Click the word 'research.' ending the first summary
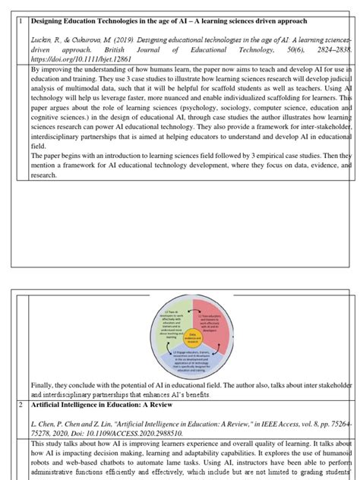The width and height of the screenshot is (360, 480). (44, 175)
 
